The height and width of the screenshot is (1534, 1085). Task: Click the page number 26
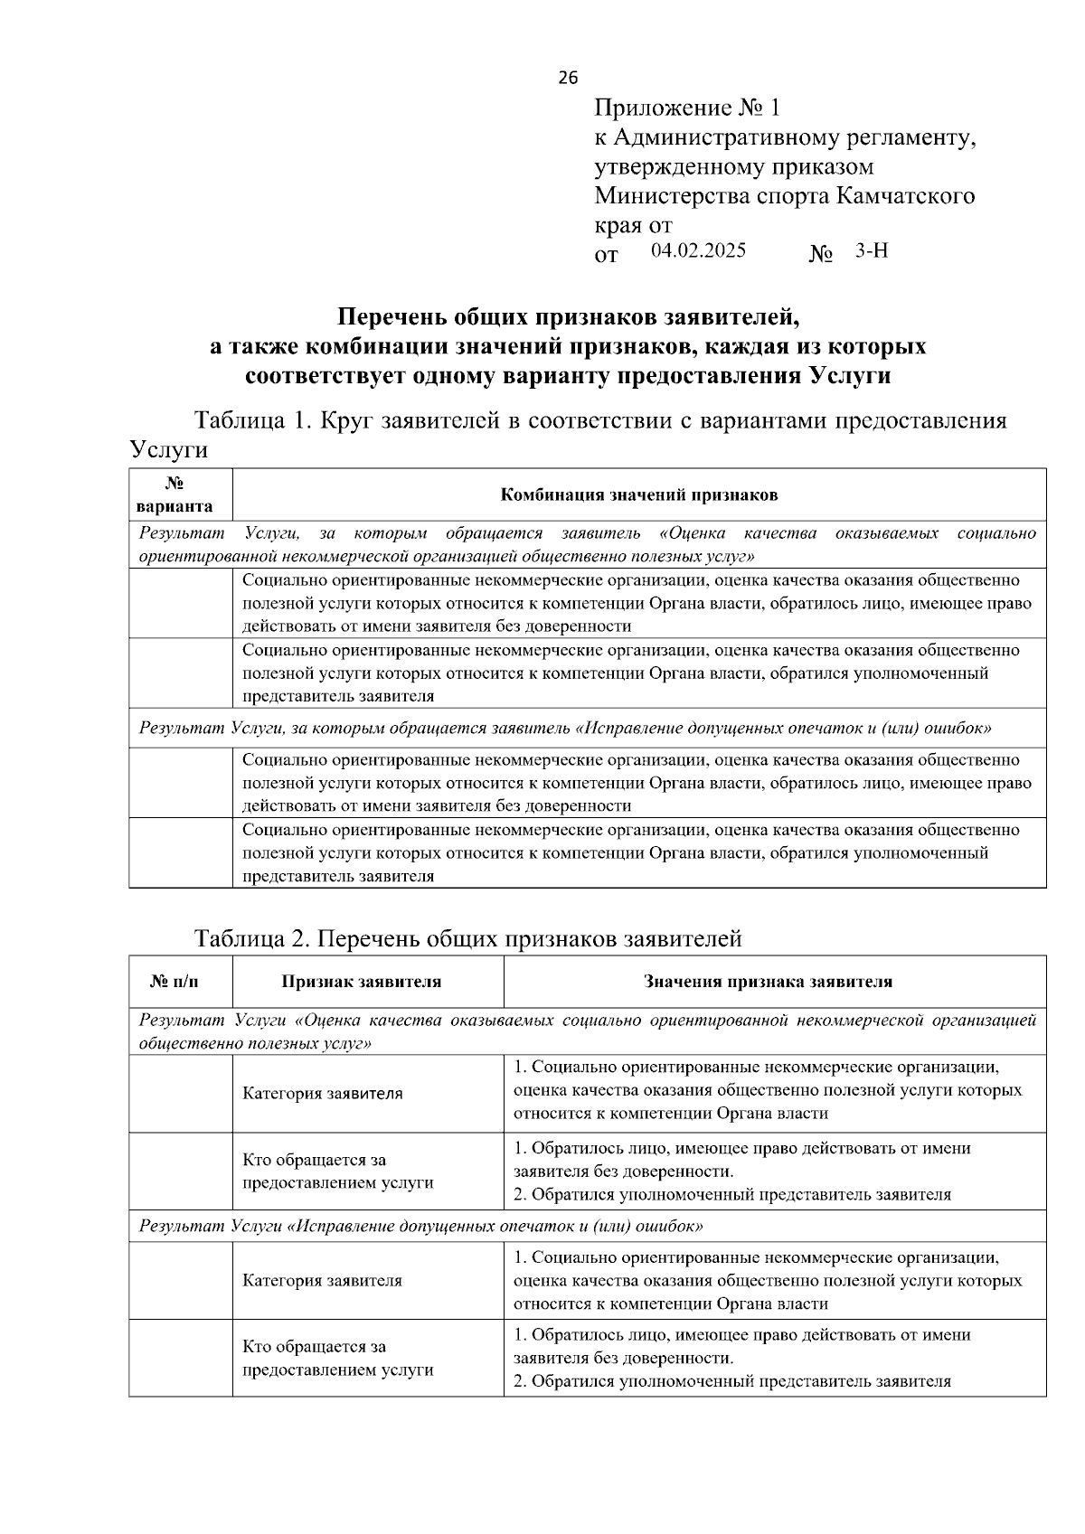point(568,78)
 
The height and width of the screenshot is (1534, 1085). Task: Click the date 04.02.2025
point(698,250)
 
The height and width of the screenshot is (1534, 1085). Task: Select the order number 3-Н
point(872,251)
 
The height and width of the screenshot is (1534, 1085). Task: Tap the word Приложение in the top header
point(663,108)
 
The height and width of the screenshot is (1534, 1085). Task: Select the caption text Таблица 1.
point(252,421)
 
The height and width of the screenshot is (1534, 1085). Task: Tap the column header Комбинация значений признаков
point(639,495)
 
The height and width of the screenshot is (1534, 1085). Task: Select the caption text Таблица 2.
point(253,939)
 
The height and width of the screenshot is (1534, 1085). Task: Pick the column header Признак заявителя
point(362,982)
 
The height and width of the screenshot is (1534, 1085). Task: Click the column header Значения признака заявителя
point(768,982)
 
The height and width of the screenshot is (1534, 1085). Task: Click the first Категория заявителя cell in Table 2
point(323,1094)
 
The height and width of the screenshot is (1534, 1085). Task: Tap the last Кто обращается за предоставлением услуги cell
point(337,1359)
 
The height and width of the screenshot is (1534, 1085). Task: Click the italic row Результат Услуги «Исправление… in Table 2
point(420,1227)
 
